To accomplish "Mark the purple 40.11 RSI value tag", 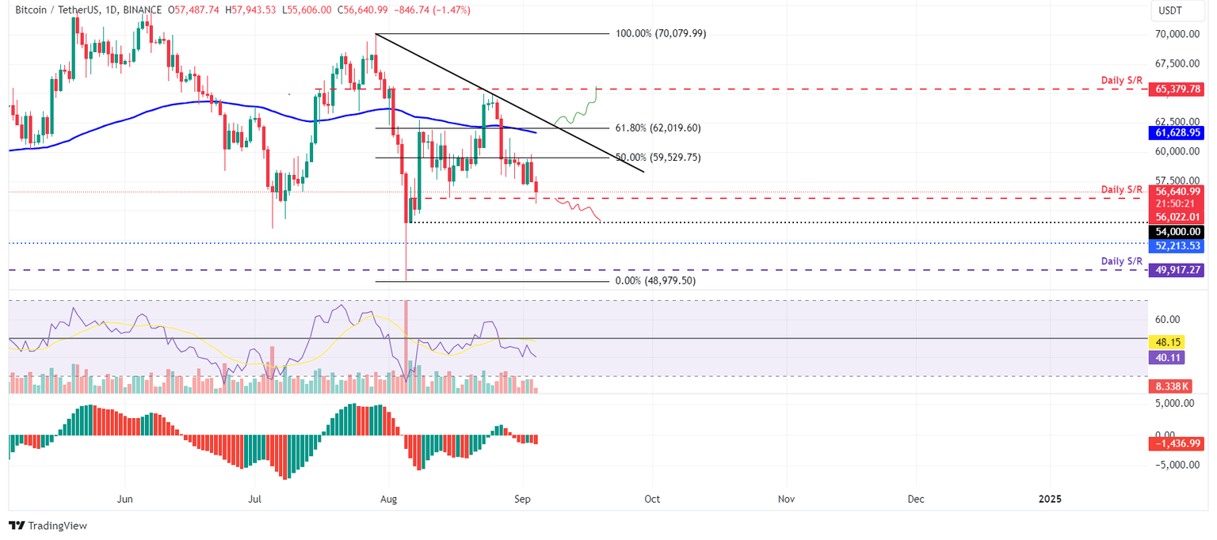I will (1162, 358).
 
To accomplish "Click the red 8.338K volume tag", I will (1165, 386).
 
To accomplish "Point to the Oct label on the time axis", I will (652, 500).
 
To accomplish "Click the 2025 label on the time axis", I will (1050, 500).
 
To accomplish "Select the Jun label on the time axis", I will (125, 500).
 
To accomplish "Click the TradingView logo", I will (48, 526).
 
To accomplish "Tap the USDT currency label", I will (1171, 11).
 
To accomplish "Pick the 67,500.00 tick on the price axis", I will (1175, 63).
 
